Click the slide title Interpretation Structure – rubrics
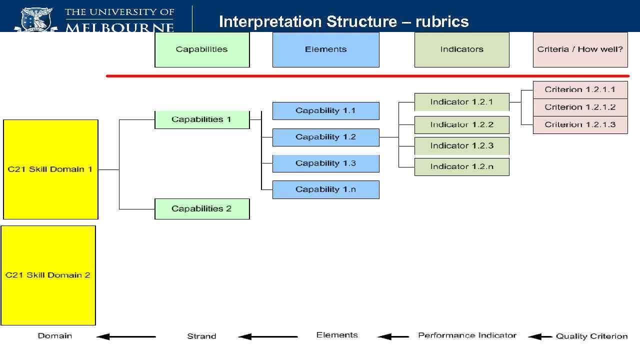[x=343, y=21]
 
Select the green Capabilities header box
[x=202, y=49]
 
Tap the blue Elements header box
[x=325, y=49]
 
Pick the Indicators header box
[x=461, y=49]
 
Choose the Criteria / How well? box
[x=580, y=49]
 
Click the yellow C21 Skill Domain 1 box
[x=50, y=169]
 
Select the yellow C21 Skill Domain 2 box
[x=48, y=275]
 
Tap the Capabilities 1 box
[x=202, y=119]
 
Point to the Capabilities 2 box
[x=202, y=208]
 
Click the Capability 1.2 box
[x=325, y=137]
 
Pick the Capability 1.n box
[x=325, y=189]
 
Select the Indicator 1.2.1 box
[x=461, y=102]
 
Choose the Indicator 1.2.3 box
[x=461, y=145]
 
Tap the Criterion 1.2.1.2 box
[x=580, y=107]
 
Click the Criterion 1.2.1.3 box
[x=580, y=124]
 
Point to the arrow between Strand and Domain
[x=126, y=336]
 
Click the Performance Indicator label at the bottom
[x=467, y=335]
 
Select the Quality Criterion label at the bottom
[x=591, y=336]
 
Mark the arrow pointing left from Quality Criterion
[x=540, y=336]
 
